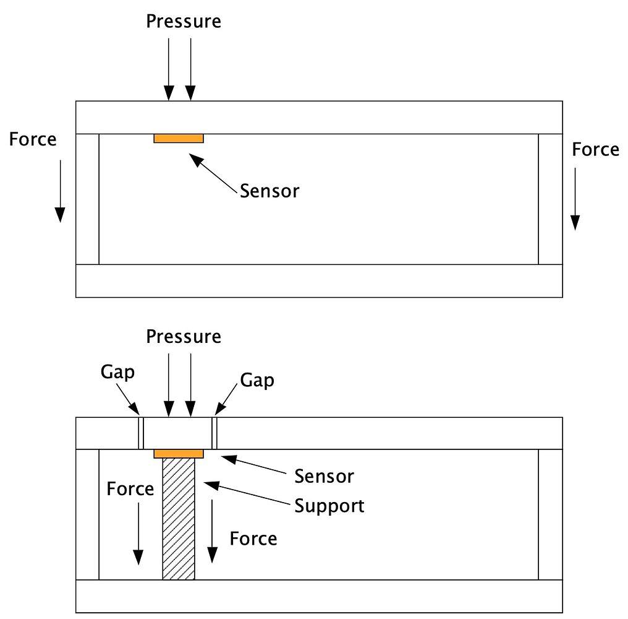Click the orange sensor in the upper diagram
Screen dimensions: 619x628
[179, 138]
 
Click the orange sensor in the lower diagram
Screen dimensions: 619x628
[179, 454]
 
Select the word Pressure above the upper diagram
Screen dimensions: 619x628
[184, 21]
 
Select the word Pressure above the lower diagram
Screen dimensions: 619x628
[184, 337]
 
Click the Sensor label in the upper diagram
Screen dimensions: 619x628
[269, 191]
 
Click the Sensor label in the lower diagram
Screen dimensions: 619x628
[324, 476]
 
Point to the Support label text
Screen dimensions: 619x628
[329, 506]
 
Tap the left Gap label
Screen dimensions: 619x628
[117, 373]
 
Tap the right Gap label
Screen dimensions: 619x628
[257, 379]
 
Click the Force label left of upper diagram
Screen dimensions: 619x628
[33, 139]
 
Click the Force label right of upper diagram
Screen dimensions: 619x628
[595, 150]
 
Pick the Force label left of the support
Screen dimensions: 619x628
[130, 488]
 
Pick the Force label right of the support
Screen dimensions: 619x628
[253, 538]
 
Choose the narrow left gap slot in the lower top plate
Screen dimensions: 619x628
[141, 433]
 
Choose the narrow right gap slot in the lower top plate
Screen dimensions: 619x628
[214, 433]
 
